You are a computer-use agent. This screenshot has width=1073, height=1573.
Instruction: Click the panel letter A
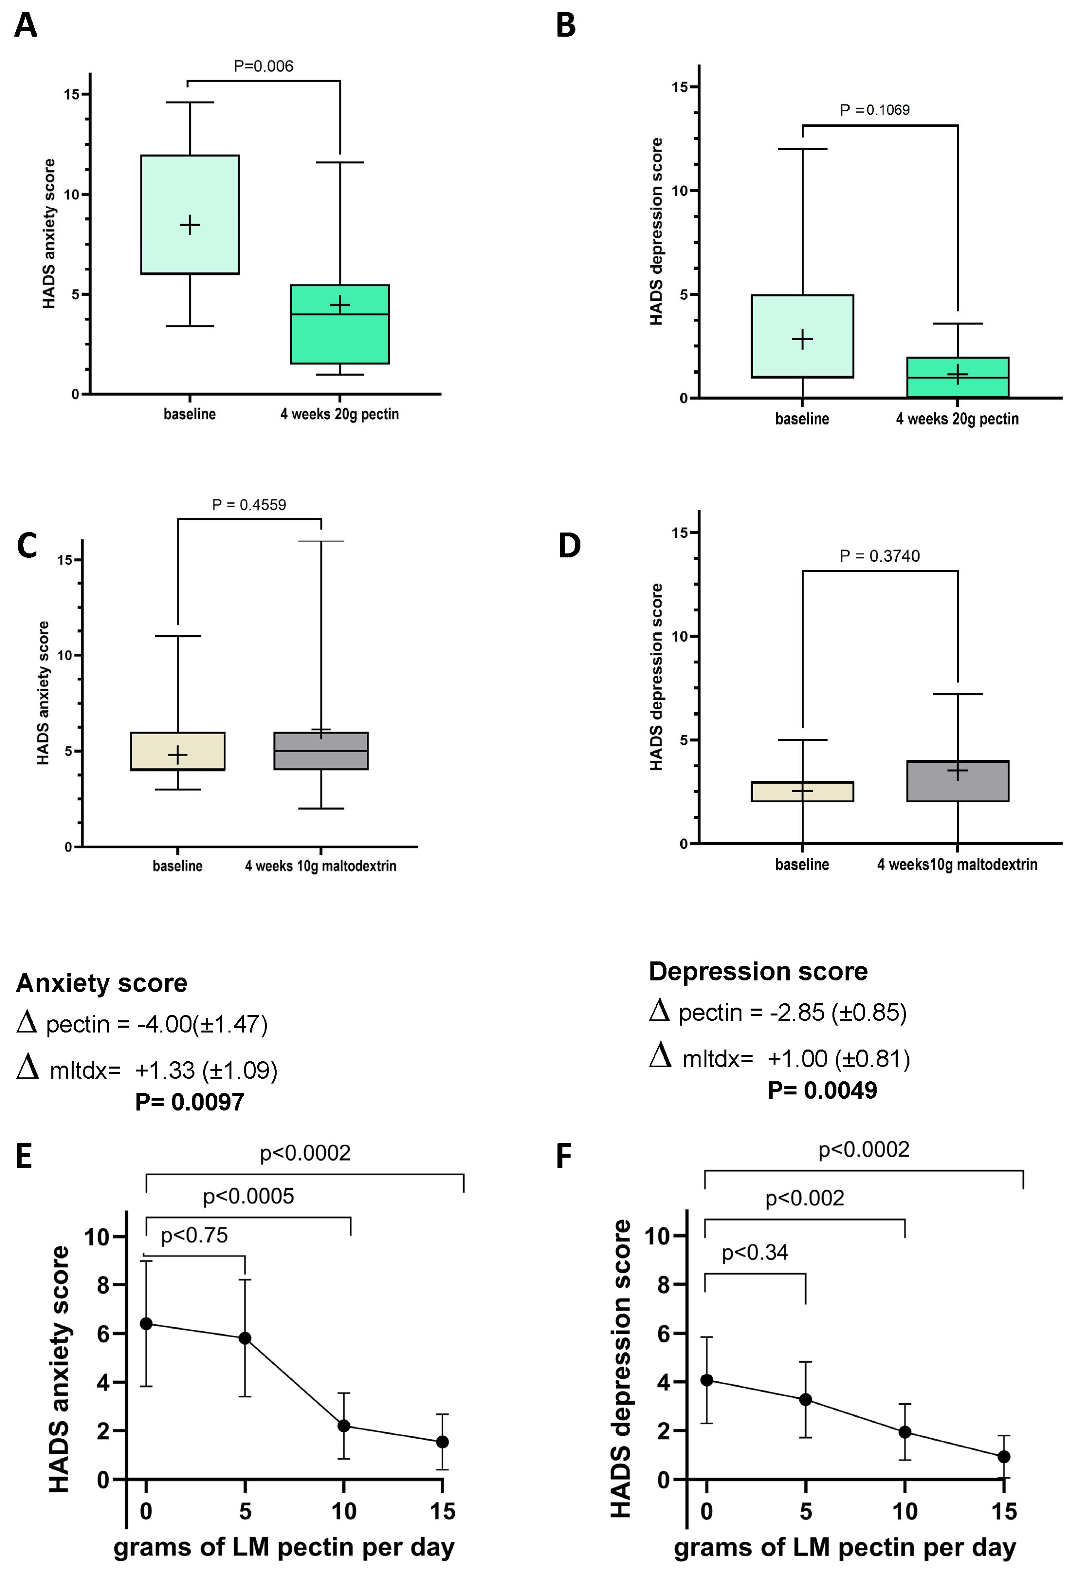pos(26,26)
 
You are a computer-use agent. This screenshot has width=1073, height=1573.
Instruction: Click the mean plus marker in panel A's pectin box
pos(340,304)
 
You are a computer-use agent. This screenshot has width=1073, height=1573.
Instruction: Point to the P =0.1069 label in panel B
pos(875,110)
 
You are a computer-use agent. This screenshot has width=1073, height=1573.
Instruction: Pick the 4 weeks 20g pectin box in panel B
pos(957,377)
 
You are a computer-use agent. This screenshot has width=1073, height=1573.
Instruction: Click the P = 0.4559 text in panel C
pos(249,504)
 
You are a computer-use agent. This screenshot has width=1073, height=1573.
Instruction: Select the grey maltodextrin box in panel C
pos(321,751)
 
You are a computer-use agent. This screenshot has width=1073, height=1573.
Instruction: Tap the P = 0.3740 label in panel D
pos(879,556)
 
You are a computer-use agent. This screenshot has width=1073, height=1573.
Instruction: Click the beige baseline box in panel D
pos(802,791)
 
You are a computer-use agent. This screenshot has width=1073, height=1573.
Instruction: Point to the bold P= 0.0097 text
pos(190,1102)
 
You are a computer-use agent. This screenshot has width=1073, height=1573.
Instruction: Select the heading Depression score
pos(758,971)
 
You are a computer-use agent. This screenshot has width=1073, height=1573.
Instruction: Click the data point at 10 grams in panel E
pos(344,1425)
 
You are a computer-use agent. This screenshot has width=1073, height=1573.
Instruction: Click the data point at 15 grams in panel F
pos(1004,1456)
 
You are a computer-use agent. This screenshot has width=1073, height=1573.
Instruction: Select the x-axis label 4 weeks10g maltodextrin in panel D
pos(957,864)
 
